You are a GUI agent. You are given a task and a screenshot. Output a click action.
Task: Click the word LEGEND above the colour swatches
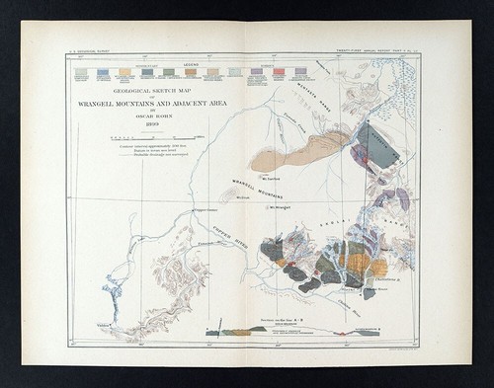tap(190, 65)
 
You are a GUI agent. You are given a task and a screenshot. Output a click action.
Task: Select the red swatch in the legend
tap(279, 72)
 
